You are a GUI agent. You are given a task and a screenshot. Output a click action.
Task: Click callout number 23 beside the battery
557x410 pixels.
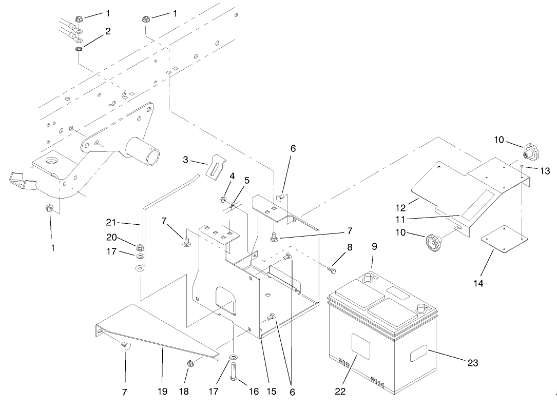click(x=472, y=363)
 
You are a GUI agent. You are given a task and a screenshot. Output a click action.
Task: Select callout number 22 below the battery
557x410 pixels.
click(x=340, y=391)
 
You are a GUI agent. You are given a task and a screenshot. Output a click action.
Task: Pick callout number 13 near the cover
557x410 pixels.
click(x=544, y=171)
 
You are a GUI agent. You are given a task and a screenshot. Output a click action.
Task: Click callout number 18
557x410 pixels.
click(x=183, y=392)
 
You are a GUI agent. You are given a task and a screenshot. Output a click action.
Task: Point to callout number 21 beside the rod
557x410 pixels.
click(x=110, y=223)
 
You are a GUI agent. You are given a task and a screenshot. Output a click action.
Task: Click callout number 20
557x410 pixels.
click(x=110, y=238)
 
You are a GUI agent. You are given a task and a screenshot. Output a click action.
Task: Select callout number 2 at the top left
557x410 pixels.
click(x=108, y=31)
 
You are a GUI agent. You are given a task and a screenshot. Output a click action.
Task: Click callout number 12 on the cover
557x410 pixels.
click(x=400, y=208)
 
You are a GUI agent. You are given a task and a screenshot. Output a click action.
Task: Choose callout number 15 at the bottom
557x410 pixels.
click(x=271, y=392)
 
